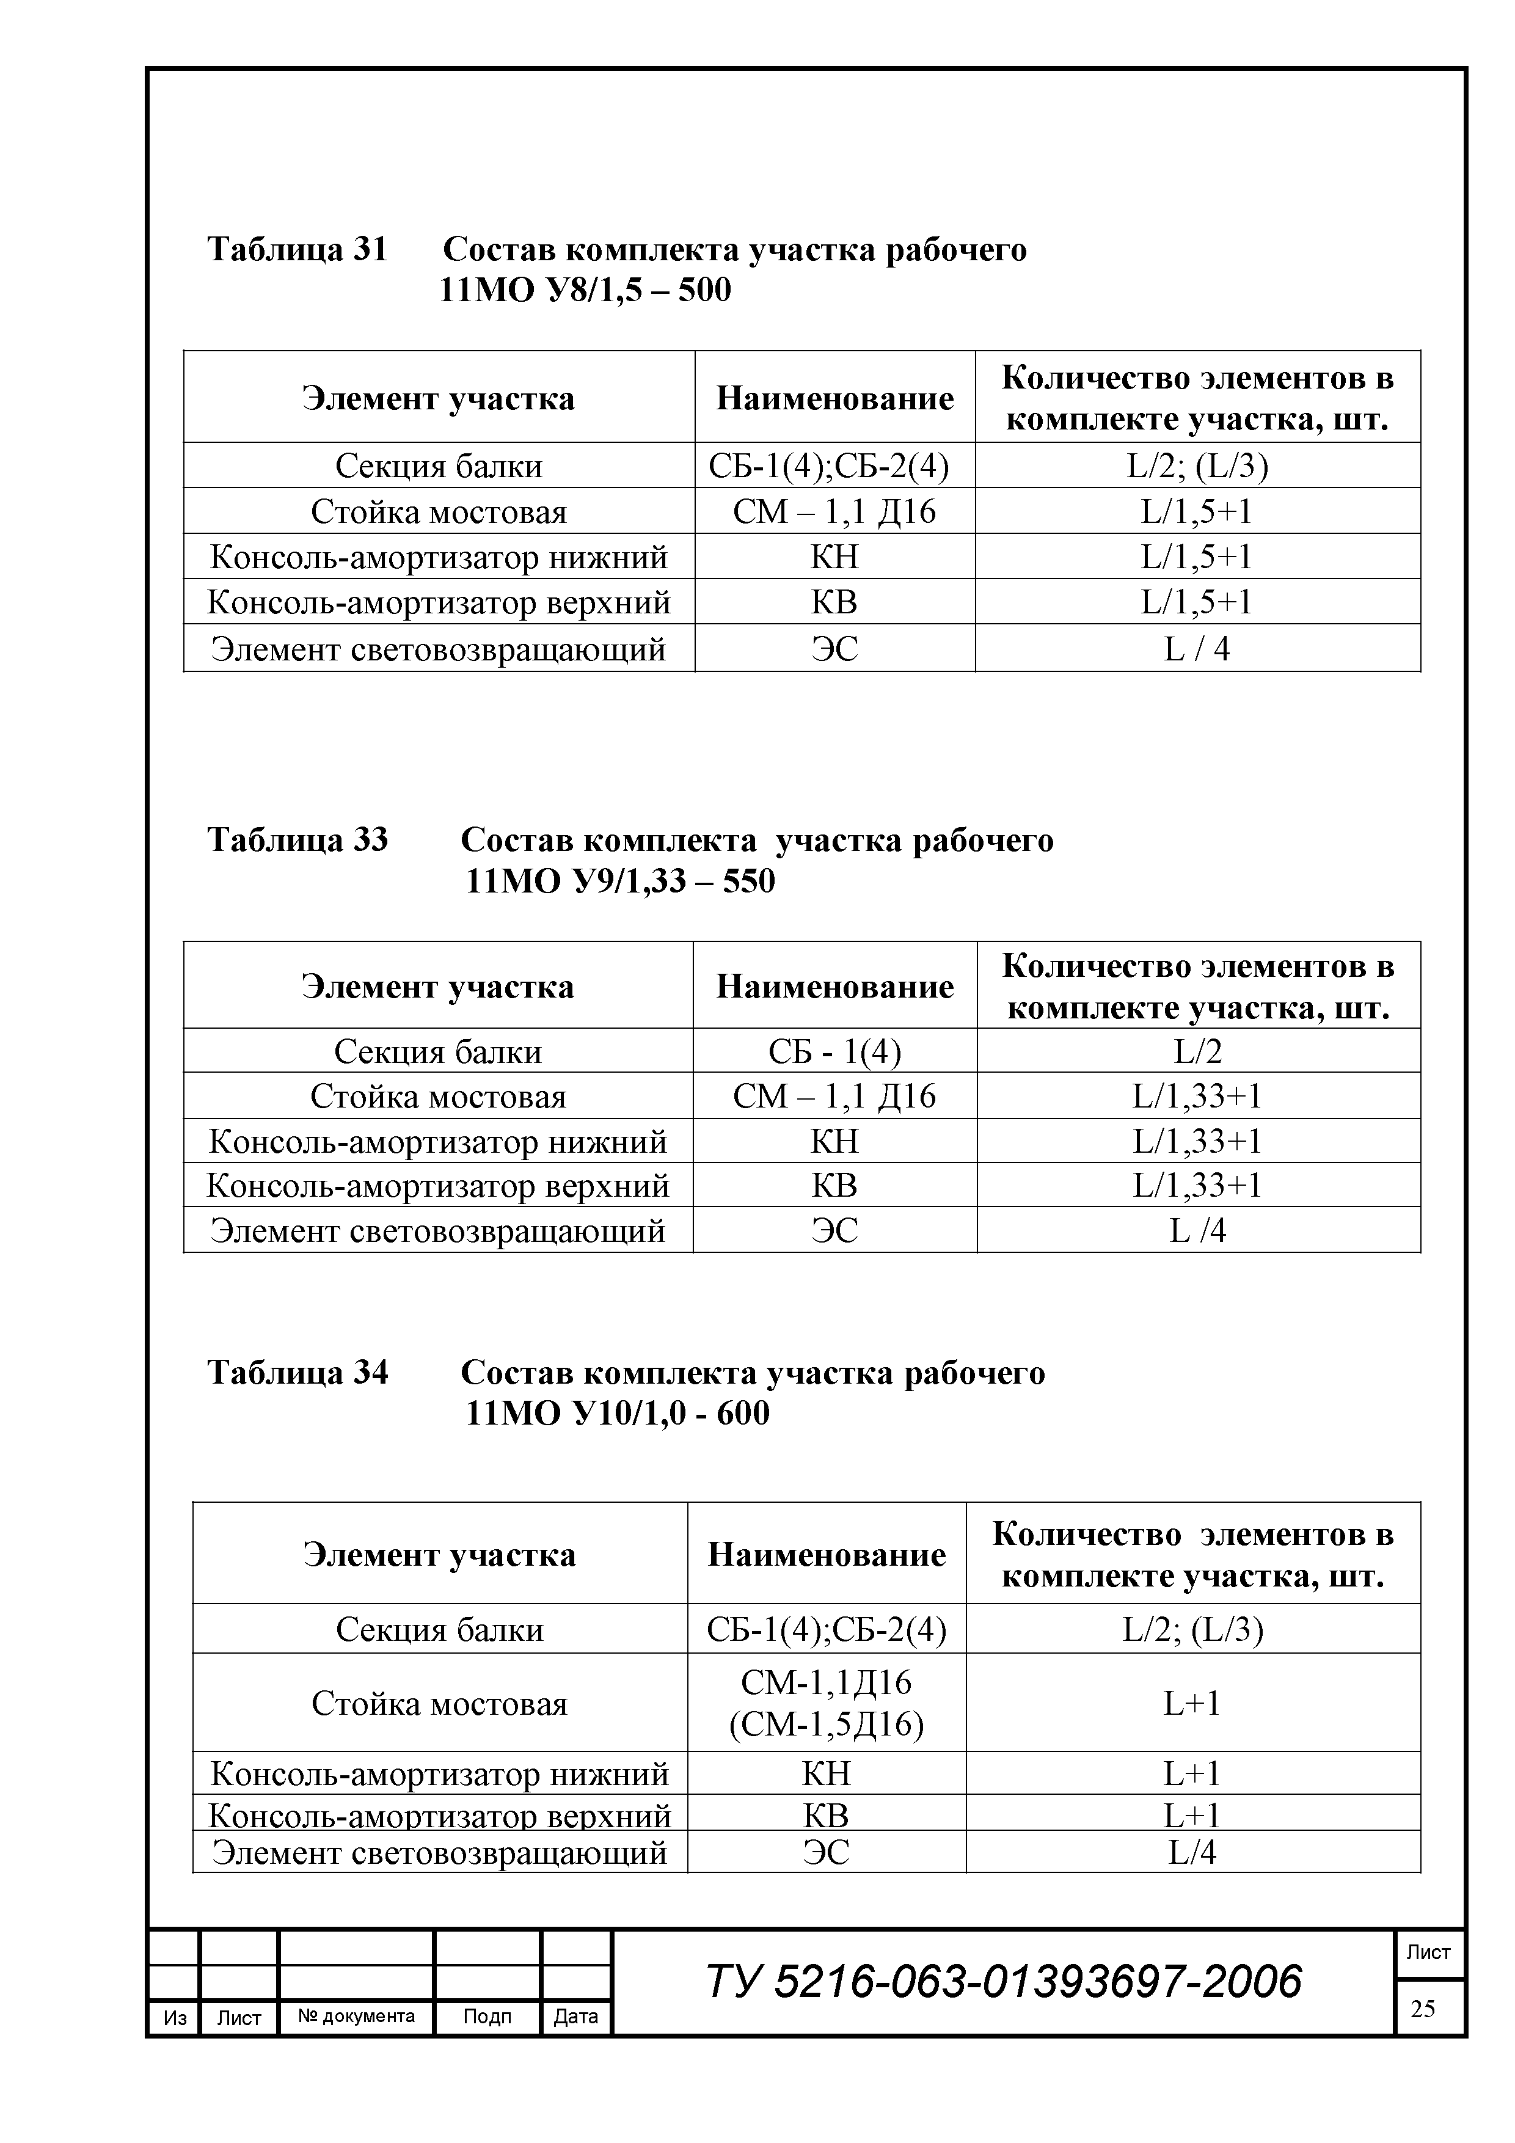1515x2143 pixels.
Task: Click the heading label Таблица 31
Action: [297, 249]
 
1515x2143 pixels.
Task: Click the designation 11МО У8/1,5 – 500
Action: [585, 290]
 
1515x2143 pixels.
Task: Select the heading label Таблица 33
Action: [297, 839]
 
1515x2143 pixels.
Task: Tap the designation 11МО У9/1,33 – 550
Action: [620, 880]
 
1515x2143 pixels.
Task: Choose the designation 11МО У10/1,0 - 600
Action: [617, 1413]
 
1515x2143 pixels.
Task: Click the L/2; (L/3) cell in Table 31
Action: [1197, 465]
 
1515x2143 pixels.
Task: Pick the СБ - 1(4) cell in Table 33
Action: [834, 1052]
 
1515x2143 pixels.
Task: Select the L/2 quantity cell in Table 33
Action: [1197, 1052]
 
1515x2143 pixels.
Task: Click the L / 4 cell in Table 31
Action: [1197, 648]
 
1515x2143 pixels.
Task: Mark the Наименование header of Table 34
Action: [826, 1554]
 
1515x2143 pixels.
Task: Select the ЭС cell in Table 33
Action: [834, 1230]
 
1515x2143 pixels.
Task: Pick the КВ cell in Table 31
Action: [834, 602]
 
